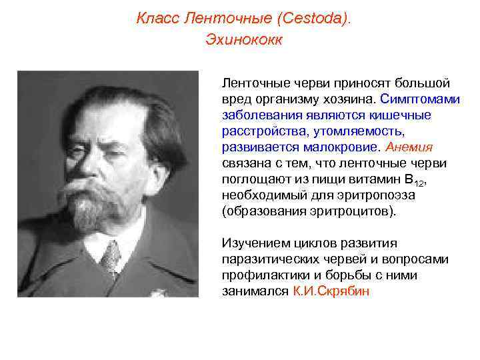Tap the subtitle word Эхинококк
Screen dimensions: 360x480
(244, 40)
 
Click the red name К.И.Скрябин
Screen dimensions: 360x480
(331, 291)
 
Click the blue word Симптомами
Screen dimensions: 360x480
(420, 99)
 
